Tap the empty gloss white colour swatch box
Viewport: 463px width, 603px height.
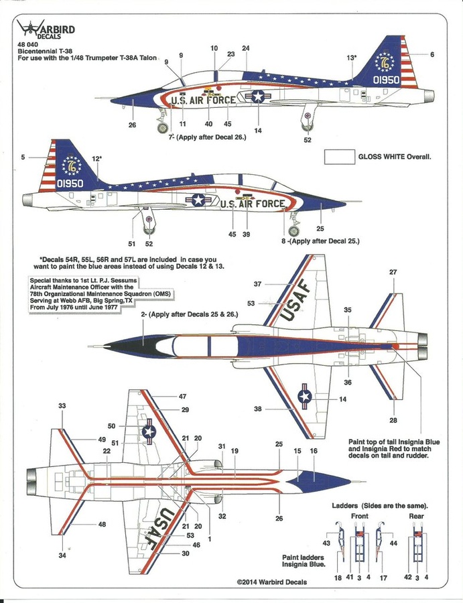[x=339, y=157]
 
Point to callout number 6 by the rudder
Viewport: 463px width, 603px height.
[x=432, y=54]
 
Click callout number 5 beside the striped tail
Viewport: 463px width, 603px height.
[x=23, y=157]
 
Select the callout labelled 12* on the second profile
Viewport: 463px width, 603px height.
[x=97, y=159]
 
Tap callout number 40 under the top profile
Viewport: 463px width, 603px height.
[x=208, y=123]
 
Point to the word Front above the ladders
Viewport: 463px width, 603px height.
[x=360, y=517]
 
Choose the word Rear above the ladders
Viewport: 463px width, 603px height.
[x=417, y=517]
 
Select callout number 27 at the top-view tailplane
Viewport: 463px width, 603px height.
[x=393, y=272]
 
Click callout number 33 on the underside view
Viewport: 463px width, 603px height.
[x=62, y=406]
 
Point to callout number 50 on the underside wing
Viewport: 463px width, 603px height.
[x=111, y=426]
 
